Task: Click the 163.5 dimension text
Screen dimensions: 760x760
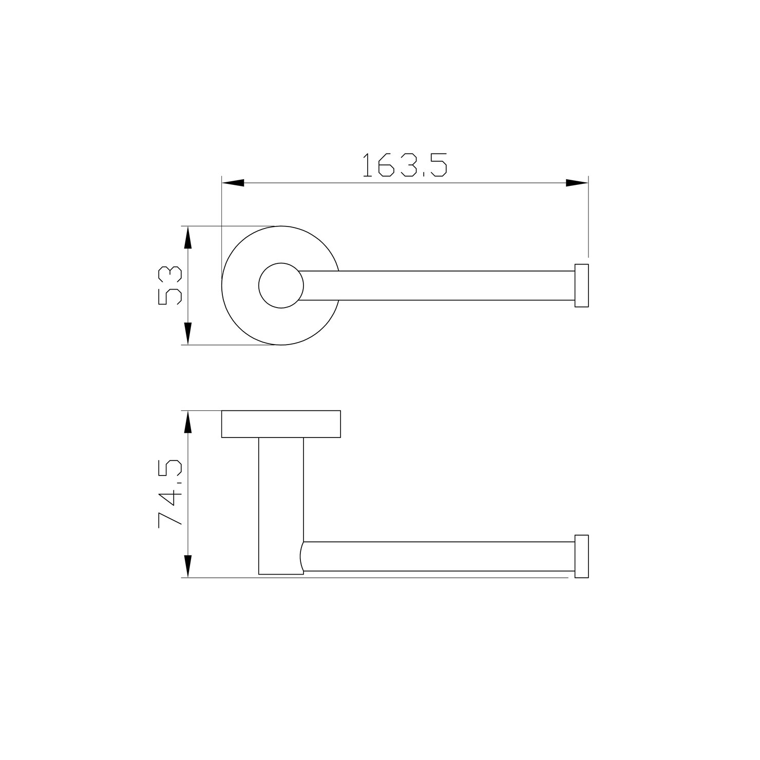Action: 405,165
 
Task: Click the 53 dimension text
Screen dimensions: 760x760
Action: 170,286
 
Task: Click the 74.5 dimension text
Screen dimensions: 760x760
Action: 170,493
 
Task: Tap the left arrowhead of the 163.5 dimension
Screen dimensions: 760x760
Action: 233,183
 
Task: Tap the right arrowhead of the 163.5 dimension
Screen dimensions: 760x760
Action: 577,183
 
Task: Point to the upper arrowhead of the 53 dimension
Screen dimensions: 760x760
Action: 188,237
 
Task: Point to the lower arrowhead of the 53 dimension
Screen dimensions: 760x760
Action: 188,333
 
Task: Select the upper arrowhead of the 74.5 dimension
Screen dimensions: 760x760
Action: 188,422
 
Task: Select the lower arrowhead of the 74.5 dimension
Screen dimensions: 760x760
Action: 188,566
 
